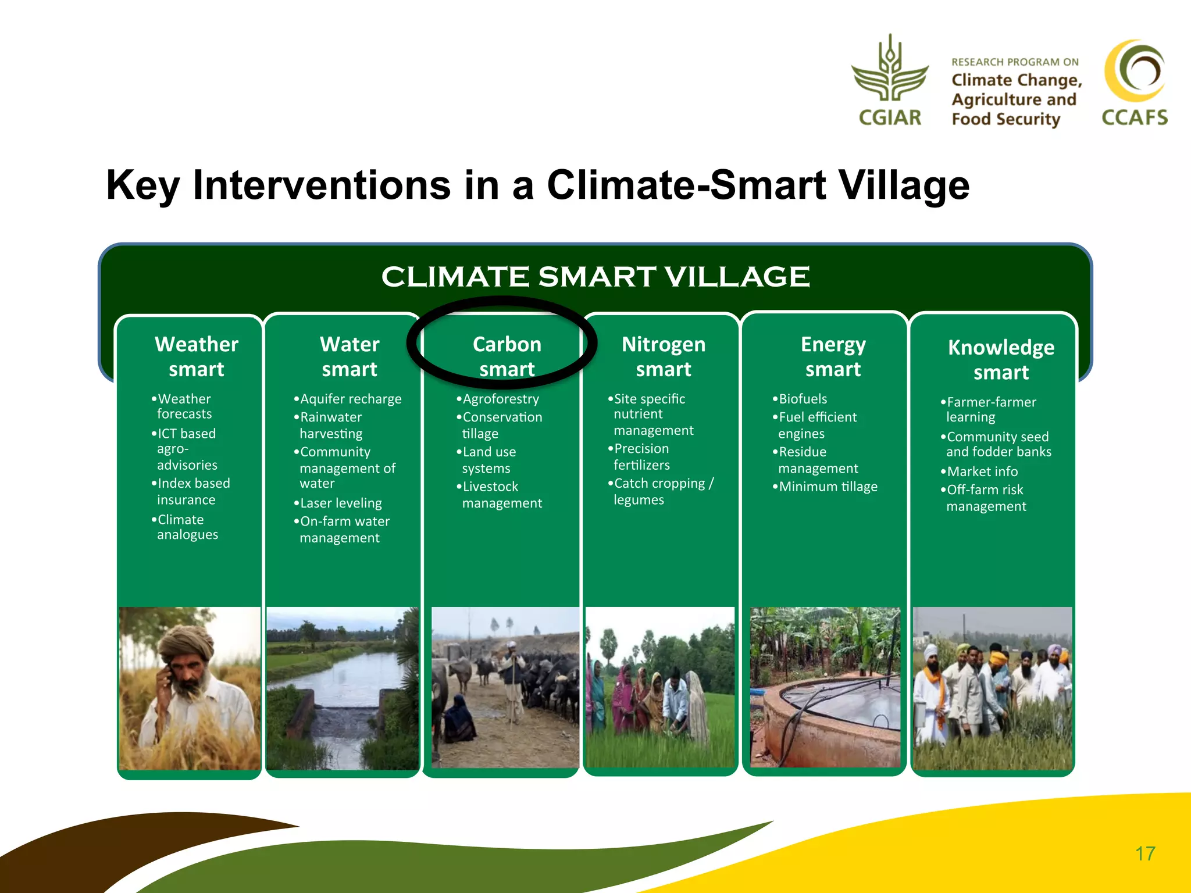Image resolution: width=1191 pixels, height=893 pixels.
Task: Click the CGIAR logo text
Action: click(x=890, y=117)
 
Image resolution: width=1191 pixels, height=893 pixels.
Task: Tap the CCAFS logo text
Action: click(x=1134, y=117)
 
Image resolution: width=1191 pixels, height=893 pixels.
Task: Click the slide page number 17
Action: click(x=1145, y=853)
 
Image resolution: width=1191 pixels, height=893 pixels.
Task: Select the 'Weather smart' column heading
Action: click(x=197, y=356)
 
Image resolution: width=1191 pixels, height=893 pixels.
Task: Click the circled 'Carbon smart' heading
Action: click(x=507, y=356)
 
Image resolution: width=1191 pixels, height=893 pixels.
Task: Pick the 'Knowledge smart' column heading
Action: click(x=1001, y=359)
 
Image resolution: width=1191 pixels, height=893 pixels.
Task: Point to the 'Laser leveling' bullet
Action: click(x=341, y=503)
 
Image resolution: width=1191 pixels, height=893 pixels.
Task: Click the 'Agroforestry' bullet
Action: click(x=501, y=399)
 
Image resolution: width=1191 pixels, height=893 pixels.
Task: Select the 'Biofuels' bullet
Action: click(x=803, y=399)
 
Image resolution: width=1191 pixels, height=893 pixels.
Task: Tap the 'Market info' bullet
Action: click(x=982, y=471)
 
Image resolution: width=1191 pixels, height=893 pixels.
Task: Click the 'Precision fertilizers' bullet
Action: click(x=641, y=456)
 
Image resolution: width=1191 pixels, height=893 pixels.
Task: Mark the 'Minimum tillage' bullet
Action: click(x=828, y=487)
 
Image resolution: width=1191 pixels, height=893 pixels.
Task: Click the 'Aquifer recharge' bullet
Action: click(x=350, y=399)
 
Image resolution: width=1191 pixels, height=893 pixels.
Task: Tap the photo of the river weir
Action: click(x=343, y=689)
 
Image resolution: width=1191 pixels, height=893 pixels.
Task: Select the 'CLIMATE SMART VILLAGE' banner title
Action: click(x=595, y=277)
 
